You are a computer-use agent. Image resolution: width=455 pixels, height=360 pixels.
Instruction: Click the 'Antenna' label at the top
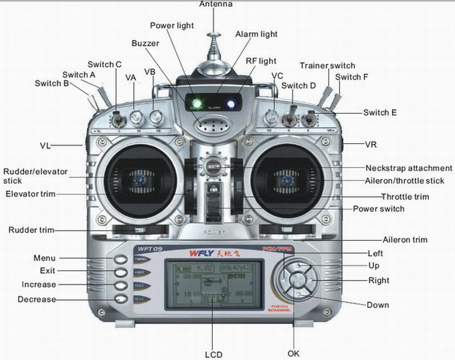pyautogui.click(x=216, y=4)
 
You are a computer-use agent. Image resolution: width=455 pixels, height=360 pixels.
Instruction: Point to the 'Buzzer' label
pyautogui.click(x=145, y=43)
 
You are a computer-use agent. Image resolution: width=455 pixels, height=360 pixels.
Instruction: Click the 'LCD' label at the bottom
pyautogui.click(x=213, y=354)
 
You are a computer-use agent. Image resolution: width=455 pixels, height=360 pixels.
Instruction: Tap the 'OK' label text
pyautogui.click(x=294, y=353)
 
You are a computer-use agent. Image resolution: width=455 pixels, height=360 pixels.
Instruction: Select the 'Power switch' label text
pyautogui.click(x=378, y=209)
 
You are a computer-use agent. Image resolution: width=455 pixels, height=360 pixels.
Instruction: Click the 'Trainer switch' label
pyautogui.click(x=327, y=66)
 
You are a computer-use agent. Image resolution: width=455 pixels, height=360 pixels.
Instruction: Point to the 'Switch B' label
pyautogui.click(x=52, y=84)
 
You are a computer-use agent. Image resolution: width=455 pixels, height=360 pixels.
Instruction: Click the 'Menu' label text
pyautogui.click(x=44, y=258)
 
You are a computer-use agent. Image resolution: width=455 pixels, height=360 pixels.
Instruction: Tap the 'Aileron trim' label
pyautogui.click(x=404, y=240)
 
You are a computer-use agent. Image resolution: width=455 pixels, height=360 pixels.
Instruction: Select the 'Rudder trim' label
pyautogui.click(x=31, y=230)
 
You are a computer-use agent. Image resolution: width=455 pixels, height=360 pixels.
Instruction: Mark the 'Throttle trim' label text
pyautogui.click(x=405, y=197)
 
